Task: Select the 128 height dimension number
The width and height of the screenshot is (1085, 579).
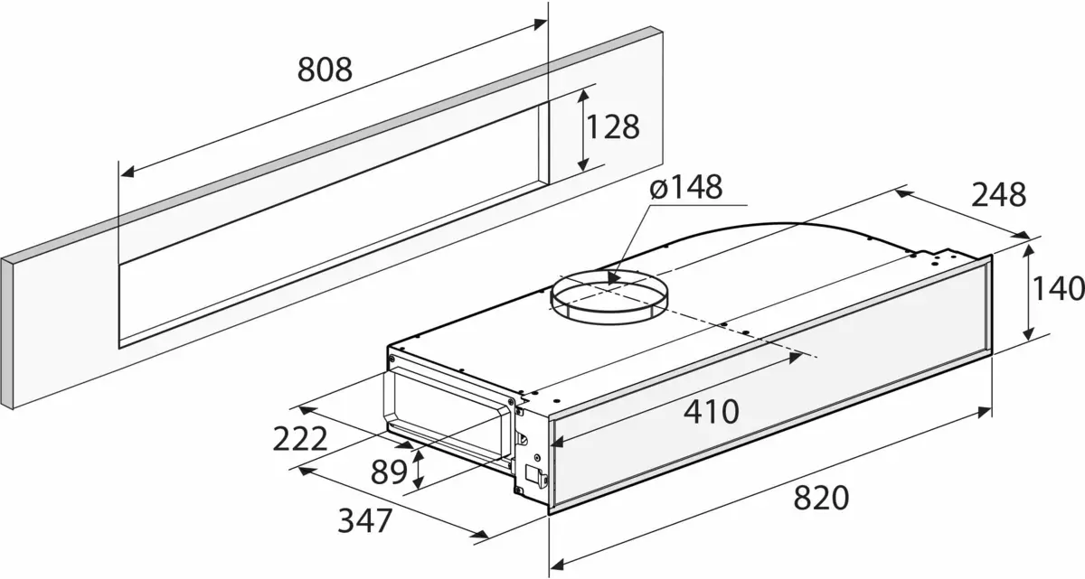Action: point(612,126)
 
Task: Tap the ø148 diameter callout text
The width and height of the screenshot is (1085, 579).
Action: point(686,187)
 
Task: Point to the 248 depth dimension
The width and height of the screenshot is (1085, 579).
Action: point(998,195)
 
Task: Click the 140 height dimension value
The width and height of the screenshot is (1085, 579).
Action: point(1057,289)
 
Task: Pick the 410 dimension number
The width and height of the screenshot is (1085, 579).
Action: point(711,413)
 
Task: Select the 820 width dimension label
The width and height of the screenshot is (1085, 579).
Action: point(821,498)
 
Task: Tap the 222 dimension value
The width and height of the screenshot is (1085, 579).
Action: point(300,440)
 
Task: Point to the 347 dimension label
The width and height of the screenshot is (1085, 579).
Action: point(365,521)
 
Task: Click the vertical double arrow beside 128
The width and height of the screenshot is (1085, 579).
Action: point(582,127)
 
